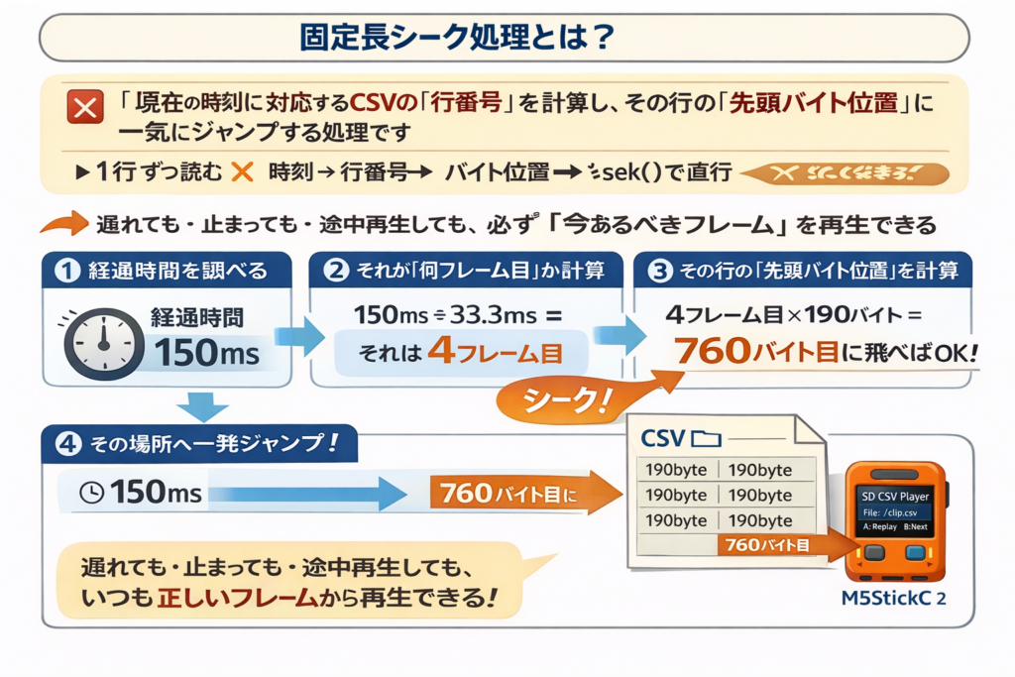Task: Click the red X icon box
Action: [x=84, y=106]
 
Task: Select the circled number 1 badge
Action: [x=66, y=270]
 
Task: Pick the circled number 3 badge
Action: [x=660, y=270]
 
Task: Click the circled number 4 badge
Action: [x=67, y=444]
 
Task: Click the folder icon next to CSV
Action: [x=708, y=438]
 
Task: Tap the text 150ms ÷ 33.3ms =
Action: [x=457, y=315]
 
